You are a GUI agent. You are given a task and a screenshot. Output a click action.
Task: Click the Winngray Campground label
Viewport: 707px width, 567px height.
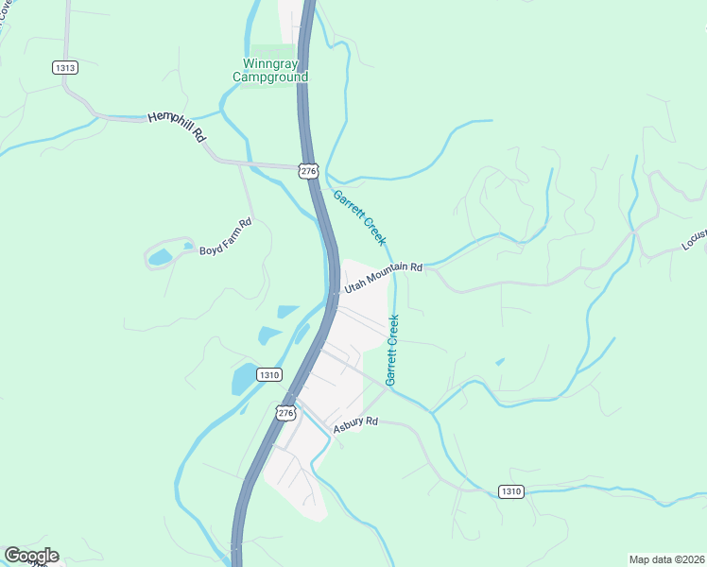tap(270, 71)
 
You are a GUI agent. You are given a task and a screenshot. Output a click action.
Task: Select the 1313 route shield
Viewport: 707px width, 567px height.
tap(64, 67)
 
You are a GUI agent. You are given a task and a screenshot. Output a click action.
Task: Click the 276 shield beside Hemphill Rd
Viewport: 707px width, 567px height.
tap(308, 170)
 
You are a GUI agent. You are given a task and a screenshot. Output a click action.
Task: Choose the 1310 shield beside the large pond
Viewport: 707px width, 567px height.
tap(269, 374)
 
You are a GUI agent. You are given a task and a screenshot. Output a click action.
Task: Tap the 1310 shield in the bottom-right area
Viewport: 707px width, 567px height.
tap(510, 491)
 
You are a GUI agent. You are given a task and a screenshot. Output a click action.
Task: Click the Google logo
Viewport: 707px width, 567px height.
tap(31, 556)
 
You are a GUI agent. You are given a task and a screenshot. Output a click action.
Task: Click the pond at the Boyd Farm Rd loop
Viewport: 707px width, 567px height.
tap(160, 257)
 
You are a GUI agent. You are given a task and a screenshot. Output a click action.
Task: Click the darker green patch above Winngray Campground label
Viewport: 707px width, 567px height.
tap(272, 53)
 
